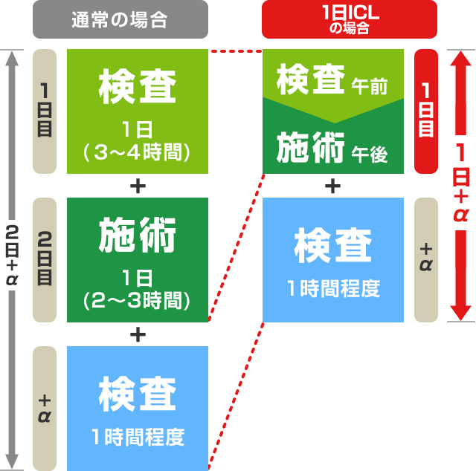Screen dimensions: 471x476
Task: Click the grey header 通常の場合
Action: (x=120, y=20)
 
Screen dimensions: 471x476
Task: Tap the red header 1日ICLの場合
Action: (x=350, y=20)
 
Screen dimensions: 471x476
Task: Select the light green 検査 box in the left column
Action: (x=137, y=111)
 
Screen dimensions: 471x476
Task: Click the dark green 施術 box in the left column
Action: (x=137, y=260)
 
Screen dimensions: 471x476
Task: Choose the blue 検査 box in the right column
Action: (x=333, y=259)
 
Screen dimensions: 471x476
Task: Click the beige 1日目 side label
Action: (x=45, y=111)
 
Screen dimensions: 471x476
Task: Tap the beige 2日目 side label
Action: (x=45, y=259)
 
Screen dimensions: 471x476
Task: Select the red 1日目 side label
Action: (x=426, y=111)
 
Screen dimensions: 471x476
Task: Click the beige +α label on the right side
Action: (x=426, y=259)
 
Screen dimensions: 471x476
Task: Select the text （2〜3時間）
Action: (x=137, y=301)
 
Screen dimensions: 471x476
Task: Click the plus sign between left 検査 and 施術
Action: (x=137, y=186)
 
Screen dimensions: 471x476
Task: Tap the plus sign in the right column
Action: (x=333, y=186)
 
